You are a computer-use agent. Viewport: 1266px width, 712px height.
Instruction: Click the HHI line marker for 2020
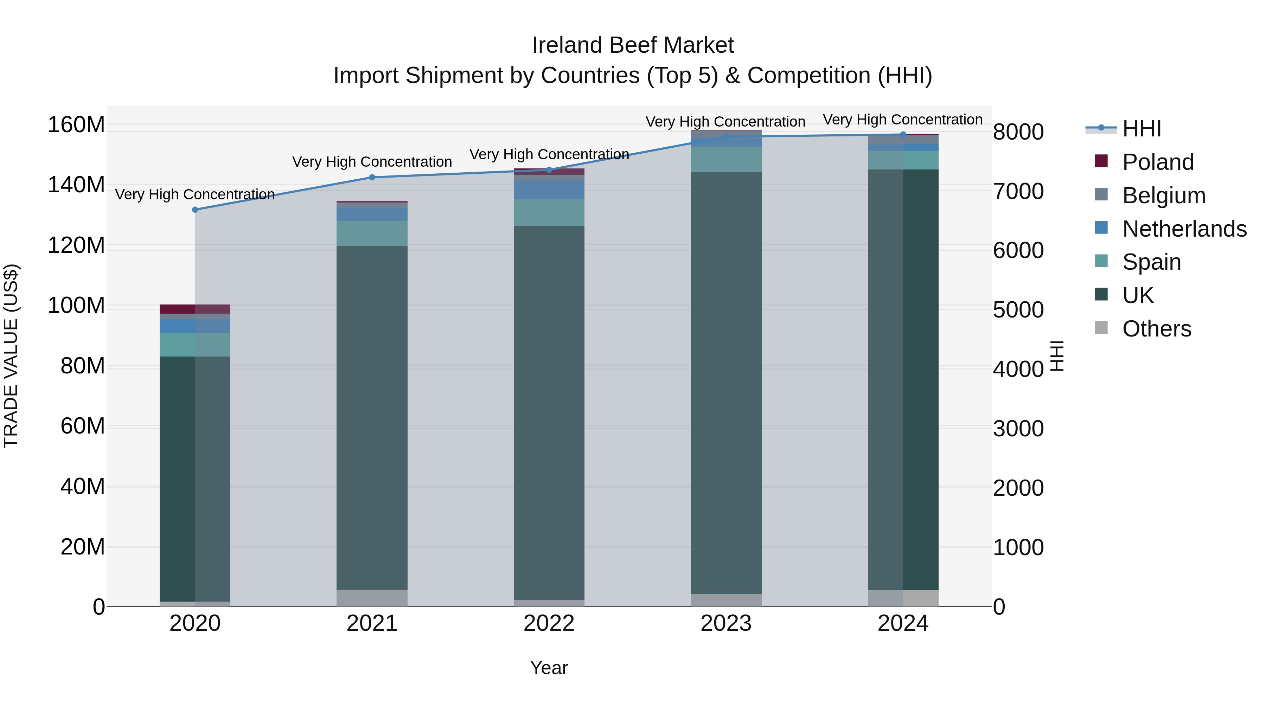pyautogui.click(x=195, y=210)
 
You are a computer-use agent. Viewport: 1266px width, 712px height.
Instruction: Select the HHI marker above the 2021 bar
pyautogui.click(x=372, y=178)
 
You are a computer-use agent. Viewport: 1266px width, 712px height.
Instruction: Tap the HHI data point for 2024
pyautogui.click(x=903, y=134)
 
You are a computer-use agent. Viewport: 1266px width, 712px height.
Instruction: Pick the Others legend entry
pyautogui.click(x=1156, y=329)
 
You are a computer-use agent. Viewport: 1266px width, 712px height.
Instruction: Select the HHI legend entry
pyautogui.click(x=1141, y=129)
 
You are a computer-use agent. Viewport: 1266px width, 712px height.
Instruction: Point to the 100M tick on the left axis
pyautogui.click(x=76, y=306)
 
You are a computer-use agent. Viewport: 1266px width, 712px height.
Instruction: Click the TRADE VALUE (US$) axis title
pyautogui.click(x=11, y=356)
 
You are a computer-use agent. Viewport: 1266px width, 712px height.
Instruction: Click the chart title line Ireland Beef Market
pyautogui.click(x=633, y=46)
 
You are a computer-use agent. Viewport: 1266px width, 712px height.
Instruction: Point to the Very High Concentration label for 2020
pyautogui.click(x=195, y=194)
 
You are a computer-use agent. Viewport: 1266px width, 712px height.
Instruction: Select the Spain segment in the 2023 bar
pyautogui.click(x=726, y=159)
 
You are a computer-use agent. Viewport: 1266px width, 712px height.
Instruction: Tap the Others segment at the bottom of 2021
pyautogui.click(x=372, y=597)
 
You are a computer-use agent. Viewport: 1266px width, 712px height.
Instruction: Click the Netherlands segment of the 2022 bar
pyautogui.click(x=549, y=190)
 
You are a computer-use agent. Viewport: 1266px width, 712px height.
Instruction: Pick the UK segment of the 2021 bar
pyautogui.click(x=372, y=418)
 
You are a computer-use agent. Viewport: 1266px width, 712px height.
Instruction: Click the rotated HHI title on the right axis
pyautogui.click(x=1057, y=356)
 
